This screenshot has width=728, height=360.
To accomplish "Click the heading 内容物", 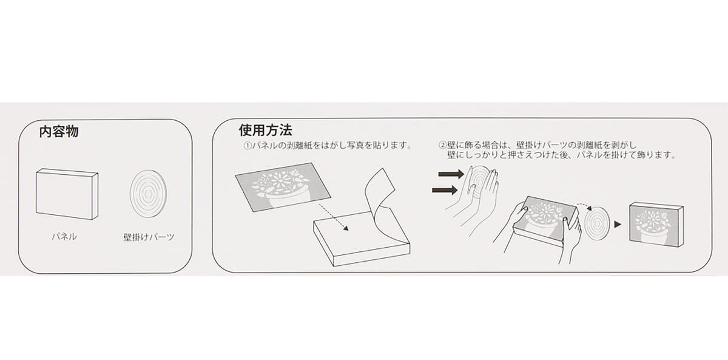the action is [x=58, y=132].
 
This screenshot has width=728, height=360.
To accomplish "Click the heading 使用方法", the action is [x=266, y=130].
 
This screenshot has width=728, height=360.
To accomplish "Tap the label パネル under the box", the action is [x=64, y=236].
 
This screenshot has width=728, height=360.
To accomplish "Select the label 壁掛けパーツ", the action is [x=149, y=237].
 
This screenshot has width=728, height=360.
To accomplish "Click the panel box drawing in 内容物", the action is [x=67, y=194].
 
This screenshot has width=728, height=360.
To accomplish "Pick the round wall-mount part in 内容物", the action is [x=148, y=194].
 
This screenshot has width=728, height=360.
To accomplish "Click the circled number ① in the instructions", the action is [x=248, y=145].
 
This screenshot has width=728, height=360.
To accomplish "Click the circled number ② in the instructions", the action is [x=442, y=144].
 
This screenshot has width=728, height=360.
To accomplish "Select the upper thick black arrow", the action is [x=451, y=174].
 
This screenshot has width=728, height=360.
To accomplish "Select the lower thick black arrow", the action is [x=445, y=190].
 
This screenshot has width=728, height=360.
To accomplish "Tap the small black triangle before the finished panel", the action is [x=618, y=225].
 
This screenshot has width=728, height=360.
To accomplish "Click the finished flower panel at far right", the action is [x=656, y=225].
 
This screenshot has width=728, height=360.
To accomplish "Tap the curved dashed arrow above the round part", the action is [x=585, y=206].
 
